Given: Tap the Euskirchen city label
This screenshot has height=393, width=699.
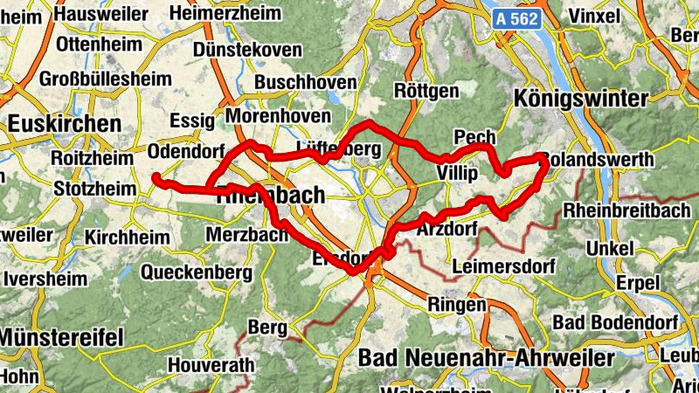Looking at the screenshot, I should tap(64, 124).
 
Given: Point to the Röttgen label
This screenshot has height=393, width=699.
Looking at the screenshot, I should tap(426, 91).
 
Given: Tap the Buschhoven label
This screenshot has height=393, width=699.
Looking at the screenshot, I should tap(306, 82).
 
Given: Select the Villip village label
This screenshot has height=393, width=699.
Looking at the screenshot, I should tap(456, 174).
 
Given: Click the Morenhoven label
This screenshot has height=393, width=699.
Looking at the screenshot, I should tap(278, 116).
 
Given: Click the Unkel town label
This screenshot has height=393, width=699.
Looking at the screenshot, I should tap(611, 248).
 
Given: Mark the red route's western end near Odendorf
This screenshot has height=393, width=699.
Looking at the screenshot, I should tap(156, 178).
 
